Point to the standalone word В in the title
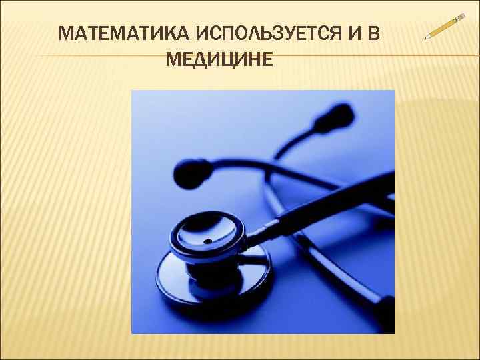coord(371,34)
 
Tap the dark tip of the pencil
coord(427,37)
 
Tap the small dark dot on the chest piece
coord(207,239)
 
